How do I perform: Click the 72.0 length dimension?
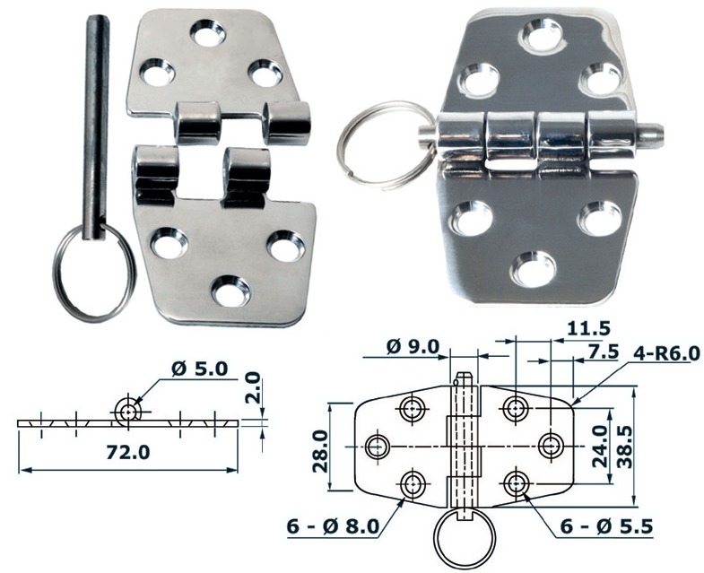pyautogui.click(x=127, y=452)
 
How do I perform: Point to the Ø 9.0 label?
pyautogui.click(x=412, y=346)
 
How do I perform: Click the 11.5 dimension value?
pyautogui.click(x=588, y=329)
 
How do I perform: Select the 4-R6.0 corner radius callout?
pyautogui.click(x=666, y=353)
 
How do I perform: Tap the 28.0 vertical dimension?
pyautogui.click(x=320, y=450)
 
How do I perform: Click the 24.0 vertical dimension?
pyautogui.click(x=600, y=447)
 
